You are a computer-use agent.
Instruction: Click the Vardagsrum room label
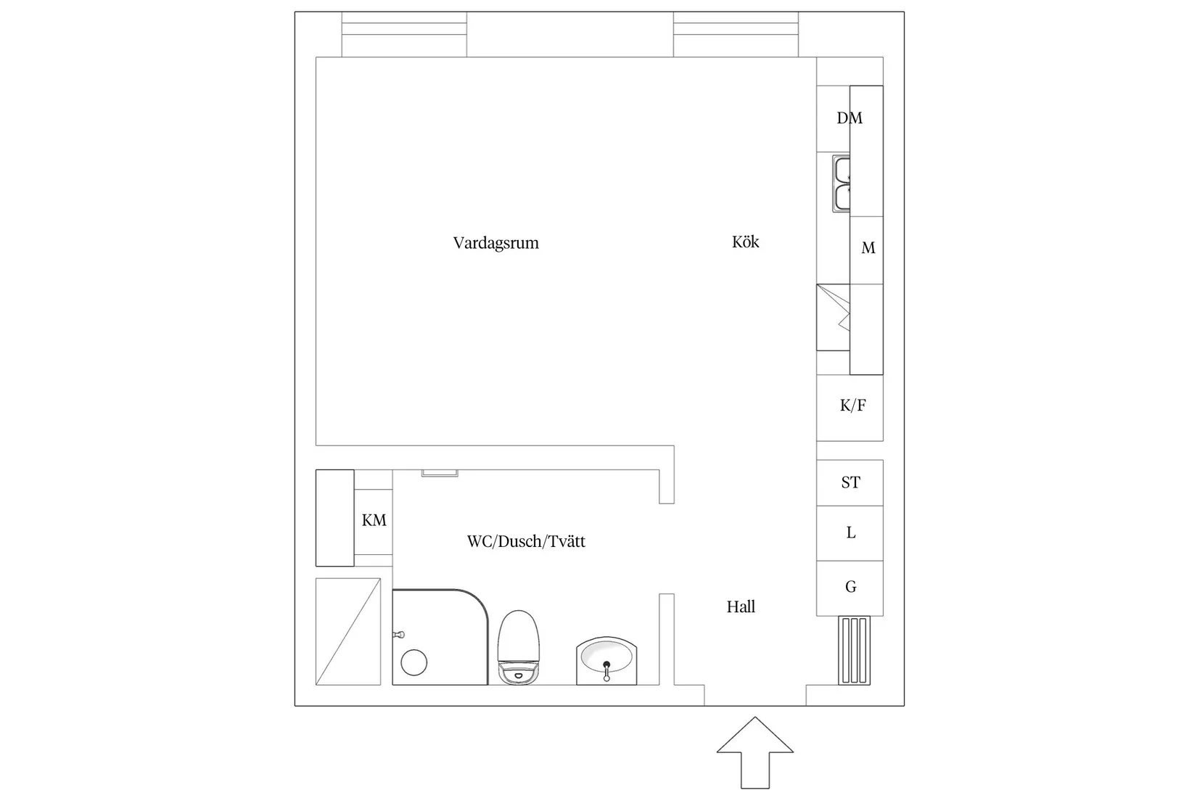click(496, 243)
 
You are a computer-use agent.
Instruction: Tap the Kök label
click(746, 242)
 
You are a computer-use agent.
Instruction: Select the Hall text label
click(741, 606)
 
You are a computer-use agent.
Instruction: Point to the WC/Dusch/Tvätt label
click(527, 541)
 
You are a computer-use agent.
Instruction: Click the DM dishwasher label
click(850, 118)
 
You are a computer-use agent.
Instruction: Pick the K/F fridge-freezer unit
click(850, 408)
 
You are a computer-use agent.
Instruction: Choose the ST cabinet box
click(850, 482)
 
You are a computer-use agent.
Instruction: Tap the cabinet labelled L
click(850, 533)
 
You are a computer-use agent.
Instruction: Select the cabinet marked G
click(850, 588)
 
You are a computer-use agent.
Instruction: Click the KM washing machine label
click(374, 520)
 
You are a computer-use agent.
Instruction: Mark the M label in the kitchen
click(868, 248)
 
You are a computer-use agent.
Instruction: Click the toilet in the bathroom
click(519, 647)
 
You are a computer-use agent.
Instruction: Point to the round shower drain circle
click(414, 663)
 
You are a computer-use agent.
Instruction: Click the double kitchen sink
click(841, 184)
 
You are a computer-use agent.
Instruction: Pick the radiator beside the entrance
click(855, 651)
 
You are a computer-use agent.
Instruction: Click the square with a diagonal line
click(348, 632)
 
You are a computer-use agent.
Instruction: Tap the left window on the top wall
click(405, 34)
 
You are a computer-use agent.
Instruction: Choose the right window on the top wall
click(736, 34)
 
